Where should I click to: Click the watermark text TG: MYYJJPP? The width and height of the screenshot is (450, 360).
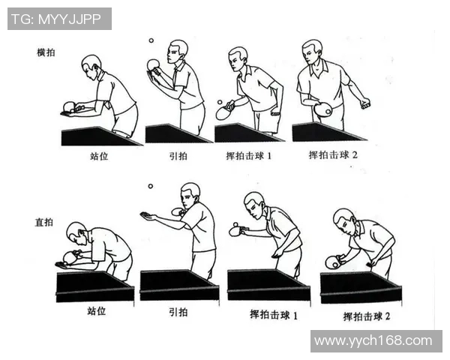59,19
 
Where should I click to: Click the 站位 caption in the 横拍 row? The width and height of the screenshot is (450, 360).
99,157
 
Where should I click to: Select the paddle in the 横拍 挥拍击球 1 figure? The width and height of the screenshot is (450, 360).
223,113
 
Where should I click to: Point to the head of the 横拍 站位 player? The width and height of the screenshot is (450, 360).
91,64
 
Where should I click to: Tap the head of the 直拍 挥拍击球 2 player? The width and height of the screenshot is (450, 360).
343,219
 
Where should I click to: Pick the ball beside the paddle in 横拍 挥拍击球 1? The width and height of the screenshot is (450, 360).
220,101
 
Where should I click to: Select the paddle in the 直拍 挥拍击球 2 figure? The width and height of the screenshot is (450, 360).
332,262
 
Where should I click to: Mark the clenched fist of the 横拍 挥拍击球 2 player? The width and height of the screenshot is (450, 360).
365,103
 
